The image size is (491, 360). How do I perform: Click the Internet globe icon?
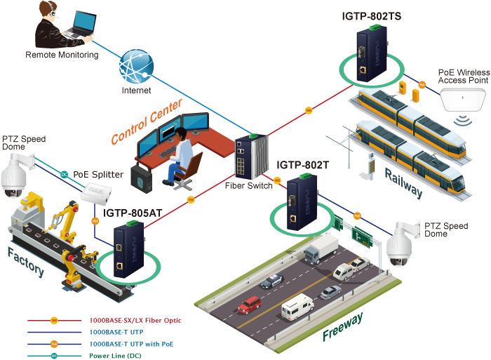(136, 66)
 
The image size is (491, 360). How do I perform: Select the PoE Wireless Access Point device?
(464, 100)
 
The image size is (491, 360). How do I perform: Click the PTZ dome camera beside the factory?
(13, 178)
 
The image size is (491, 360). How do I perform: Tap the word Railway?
(403, 181)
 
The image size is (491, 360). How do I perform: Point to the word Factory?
(27, 261)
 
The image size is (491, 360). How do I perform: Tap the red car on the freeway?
(249, 305)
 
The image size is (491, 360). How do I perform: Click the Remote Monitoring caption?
(62, 55)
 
